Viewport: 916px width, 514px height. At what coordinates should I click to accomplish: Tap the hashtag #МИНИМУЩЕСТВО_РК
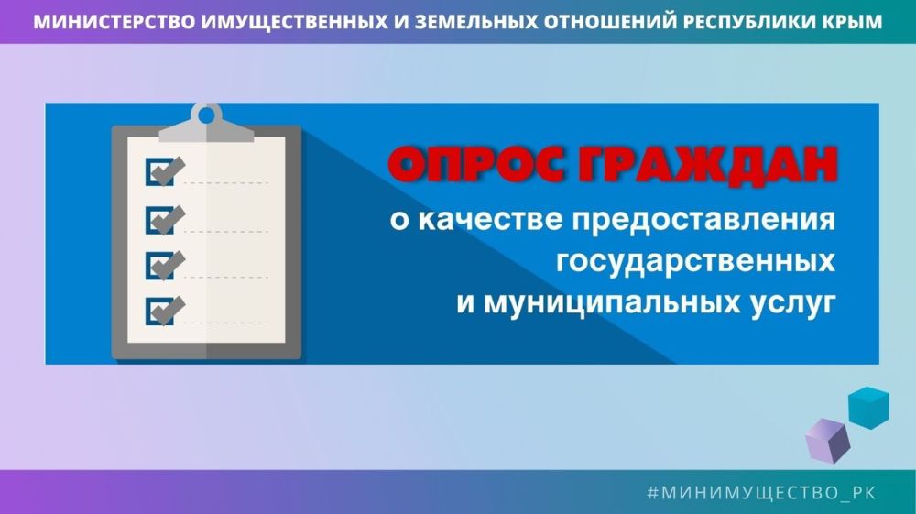(761, 493)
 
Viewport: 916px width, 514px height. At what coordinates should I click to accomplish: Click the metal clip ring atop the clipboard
(207, 115)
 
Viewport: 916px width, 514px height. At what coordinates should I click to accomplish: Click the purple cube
(828, 440)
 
